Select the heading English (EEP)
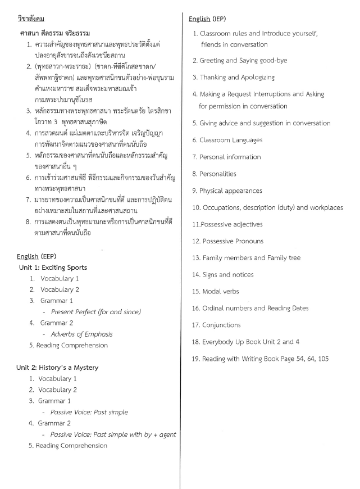click(37, 256)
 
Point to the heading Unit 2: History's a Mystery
click(57, 368)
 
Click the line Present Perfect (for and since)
click(96, 311)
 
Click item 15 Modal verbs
click(220, 292)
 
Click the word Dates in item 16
click(298, 308)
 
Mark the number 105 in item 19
click(323, 359)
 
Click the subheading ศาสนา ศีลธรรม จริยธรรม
click(55, 33)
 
